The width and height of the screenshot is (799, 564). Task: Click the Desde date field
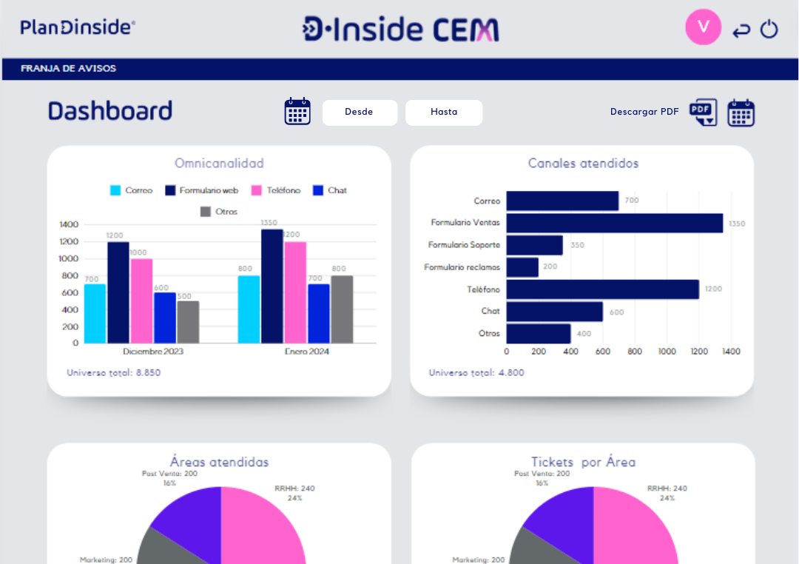(360, 113)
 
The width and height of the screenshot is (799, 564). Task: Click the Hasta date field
(444, 113)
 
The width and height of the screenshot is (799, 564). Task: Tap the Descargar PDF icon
(703, 112)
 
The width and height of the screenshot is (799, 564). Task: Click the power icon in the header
(769, 30)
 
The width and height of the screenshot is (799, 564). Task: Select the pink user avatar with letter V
(703, 27)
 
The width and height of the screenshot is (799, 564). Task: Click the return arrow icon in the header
(741, 30)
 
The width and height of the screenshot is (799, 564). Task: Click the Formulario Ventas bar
(614, 223)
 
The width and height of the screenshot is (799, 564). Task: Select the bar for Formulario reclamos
(522, 267)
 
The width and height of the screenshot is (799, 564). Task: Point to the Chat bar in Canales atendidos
(554, 312)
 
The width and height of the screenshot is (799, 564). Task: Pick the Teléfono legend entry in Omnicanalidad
(276, 190)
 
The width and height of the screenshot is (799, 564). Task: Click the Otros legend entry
(219, 212)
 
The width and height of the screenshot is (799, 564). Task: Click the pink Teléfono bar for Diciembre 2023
(141, 301)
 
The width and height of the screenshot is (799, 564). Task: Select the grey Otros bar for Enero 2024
(342, 309)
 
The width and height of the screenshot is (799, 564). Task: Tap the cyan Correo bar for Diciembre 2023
(95, 313)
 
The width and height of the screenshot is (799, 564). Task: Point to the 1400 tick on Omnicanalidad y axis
(69, 224)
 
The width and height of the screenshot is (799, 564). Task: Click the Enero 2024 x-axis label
(307, 352)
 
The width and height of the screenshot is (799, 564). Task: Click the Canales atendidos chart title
(583, 164)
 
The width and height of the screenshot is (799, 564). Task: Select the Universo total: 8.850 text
(113, 373)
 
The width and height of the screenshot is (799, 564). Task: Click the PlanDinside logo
(78, 28)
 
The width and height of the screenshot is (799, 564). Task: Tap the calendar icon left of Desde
(297, 112)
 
